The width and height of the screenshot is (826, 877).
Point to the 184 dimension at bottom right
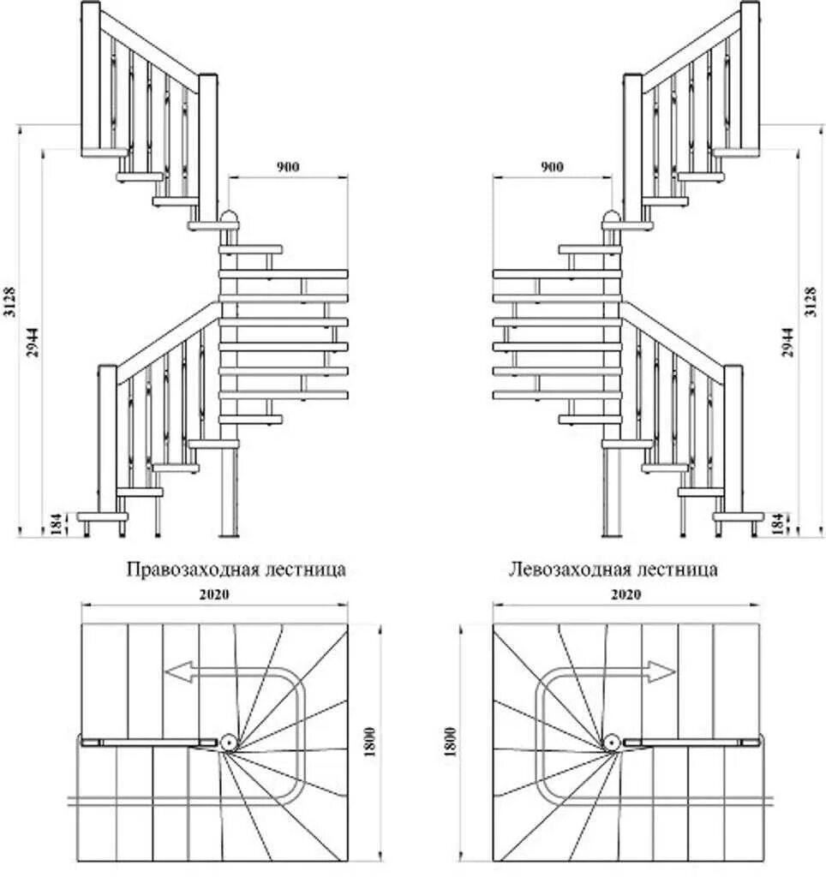777,524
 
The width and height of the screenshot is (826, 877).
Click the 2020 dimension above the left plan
217,594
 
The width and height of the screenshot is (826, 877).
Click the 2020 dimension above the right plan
626,594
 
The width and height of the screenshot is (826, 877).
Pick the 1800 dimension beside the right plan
452,742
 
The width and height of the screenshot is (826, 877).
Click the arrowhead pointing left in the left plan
177,672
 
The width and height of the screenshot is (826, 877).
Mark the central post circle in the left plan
230,743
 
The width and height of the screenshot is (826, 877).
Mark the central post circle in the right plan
612,743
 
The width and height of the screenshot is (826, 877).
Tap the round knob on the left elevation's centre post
230,216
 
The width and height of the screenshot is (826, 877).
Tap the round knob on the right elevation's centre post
612,216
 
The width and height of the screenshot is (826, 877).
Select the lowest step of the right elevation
738,516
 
